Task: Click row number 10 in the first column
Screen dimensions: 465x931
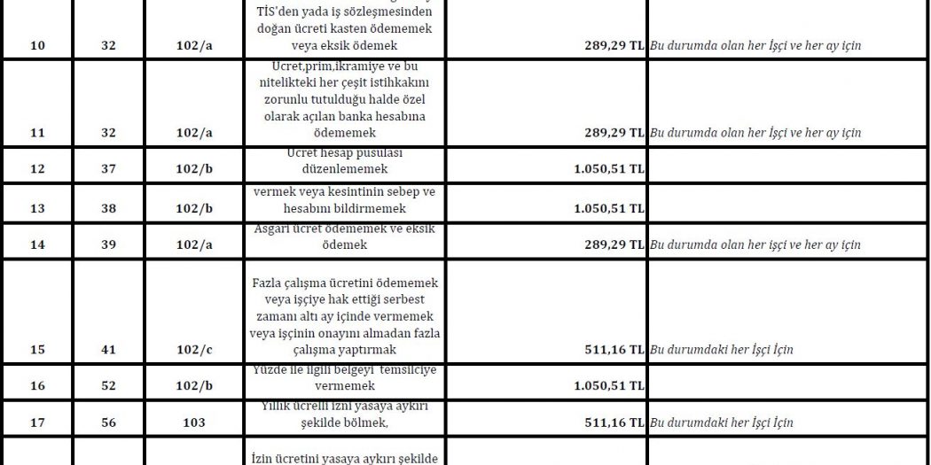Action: pos(38,44)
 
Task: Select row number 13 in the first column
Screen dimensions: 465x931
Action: pos(38,209)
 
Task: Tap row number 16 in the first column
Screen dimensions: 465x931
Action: pos(38,386)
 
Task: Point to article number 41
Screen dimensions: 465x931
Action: pos(109,350)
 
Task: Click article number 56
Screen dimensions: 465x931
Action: pos(109,422)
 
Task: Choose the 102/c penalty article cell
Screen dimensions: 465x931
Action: pos(193,350)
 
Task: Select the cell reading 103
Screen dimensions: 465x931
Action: pos(193,422)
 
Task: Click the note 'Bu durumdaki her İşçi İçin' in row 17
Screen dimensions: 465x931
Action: pos(721,422)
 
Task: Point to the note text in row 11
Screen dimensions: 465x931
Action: pos(755,133)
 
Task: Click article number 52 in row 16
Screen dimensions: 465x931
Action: pos(109,386)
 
